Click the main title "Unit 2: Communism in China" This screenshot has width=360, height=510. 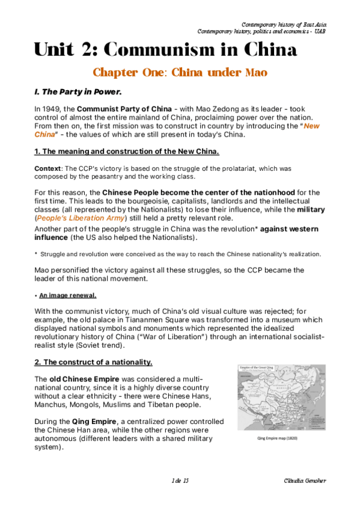(165, 49)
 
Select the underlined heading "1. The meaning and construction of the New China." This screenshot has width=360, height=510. (126, 152)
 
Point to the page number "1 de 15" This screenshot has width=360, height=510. (180, 482)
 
